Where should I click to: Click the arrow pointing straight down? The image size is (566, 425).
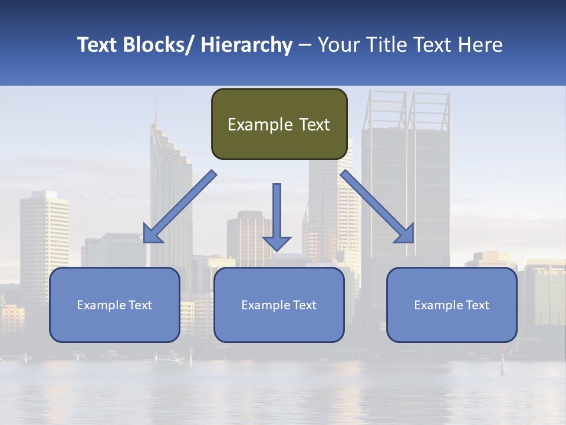click(x=277, y=212)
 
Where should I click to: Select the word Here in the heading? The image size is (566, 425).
click(x=478, y=45)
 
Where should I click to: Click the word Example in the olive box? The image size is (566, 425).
click(x=255, y=125)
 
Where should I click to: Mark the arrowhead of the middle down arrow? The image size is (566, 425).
click(x=277, y=243)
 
